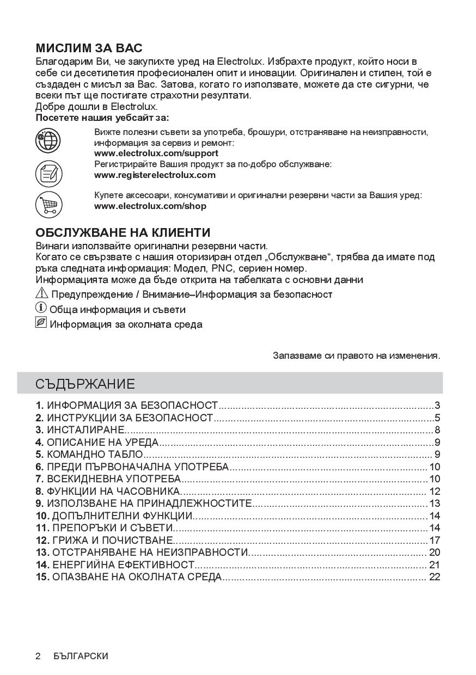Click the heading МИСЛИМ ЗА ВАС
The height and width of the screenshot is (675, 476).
(89, 48)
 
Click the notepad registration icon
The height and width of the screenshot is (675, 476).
(48, 174)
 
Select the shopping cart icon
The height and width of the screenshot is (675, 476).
(48, 205)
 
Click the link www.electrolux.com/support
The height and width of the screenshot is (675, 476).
(156, 153)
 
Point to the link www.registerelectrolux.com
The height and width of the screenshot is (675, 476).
(155, 175)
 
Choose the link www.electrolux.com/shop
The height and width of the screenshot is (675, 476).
(150, 206)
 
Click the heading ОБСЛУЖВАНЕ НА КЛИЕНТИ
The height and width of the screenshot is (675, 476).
(123, 232)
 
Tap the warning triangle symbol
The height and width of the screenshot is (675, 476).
(42, 294)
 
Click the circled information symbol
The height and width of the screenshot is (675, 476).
(41, 309)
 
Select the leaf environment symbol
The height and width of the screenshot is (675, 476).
(41, 323)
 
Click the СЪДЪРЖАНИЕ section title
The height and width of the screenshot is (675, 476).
(85, 384)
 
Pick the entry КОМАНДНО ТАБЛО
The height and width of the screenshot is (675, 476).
(95, 455)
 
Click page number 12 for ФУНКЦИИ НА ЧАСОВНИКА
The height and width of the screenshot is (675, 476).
(435, 492)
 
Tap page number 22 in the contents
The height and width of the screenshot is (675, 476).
(435, 577)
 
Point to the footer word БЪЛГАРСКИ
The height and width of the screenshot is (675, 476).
(81, 656)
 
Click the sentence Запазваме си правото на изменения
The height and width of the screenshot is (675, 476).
(356, 355)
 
